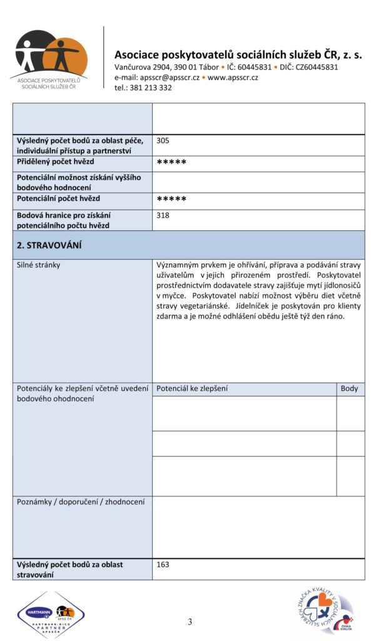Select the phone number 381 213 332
click(153, 88)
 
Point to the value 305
click(163, 141)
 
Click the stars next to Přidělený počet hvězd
click(171, 163)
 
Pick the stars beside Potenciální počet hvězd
click(171, 200)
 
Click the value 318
click(163, 215)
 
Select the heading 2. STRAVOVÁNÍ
click(49, 245)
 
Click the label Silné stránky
click(39, 265)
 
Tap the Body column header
click(349, 389)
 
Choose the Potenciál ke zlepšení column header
click(192, 389)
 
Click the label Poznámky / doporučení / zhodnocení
click(81, 502)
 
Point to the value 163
click(163, 565)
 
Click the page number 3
click(190, 622)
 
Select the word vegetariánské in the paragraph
click(195, 306)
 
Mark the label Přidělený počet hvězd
click(55, 162)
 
